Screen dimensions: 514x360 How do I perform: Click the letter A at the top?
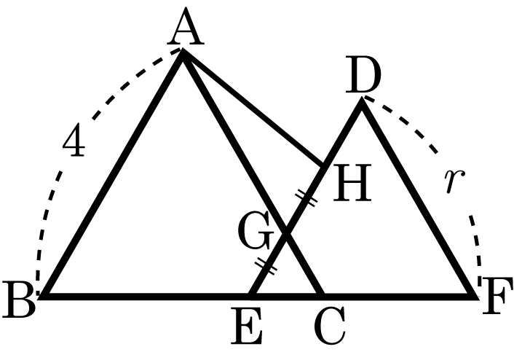[186, 26]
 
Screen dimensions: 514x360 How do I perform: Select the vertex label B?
[18, 300]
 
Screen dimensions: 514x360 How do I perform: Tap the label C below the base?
[329, 325]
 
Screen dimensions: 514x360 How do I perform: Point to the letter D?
[363, 74]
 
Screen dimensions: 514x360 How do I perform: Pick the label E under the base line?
[247, 325]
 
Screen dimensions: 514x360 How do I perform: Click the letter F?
[497, 296]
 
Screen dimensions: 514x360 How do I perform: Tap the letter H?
[352, 182]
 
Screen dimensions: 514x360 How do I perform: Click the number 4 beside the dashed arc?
[74, 139]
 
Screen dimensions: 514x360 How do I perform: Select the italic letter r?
[454, 181]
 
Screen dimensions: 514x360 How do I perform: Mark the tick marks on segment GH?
[307, 197]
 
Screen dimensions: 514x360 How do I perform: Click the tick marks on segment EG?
[266, 266]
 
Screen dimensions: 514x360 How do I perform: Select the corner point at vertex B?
[43, 297]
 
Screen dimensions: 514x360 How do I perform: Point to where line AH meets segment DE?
[324, 166]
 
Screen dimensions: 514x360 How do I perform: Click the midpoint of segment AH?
[253, 109]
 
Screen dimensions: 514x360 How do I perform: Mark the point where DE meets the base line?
[251, 296]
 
